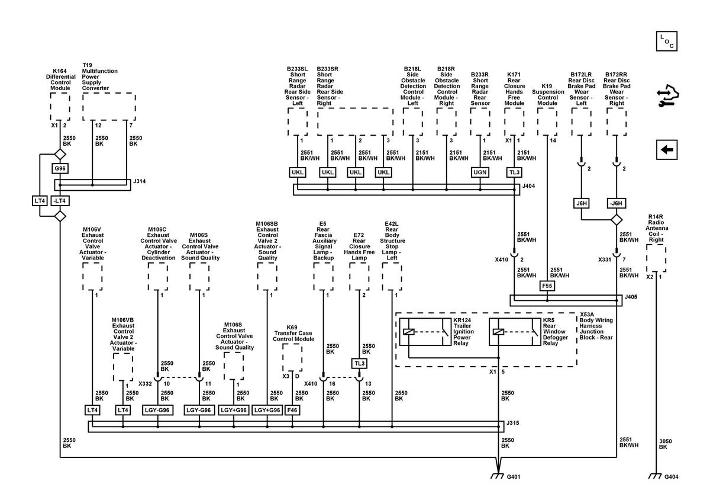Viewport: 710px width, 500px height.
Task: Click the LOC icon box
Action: (667, 41)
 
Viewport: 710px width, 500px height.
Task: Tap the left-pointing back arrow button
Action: (667, 149)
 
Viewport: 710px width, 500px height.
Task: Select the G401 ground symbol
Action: (497, 476)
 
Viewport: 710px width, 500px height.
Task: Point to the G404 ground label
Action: (672, 476)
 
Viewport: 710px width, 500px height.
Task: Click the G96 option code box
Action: (60, 168)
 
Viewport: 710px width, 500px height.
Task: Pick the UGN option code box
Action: (480, 172)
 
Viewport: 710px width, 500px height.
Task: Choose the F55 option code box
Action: (547, 286)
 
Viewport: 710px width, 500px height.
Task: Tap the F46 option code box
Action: (292, 410)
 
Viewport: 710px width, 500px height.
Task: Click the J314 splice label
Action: (139, 181)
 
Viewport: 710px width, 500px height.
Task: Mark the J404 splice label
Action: (528, 186)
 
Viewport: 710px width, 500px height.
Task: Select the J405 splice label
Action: (631, 297)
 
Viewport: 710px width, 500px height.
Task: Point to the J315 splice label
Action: (512, 423)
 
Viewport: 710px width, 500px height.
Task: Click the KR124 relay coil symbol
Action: (409, 332)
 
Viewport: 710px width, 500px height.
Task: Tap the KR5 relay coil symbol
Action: (499, 332)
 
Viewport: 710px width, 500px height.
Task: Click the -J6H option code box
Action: (616, 203)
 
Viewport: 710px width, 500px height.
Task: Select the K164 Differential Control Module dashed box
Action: (60, 107)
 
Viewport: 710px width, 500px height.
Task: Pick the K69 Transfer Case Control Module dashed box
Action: (292, 357)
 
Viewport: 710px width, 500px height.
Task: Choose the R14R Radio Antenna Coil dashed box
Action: (656, 258)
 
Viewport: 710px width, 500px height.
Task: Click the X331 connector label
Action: (605, 259)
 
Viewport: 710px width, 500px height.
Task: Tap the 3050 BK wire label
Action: (665, 444)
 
